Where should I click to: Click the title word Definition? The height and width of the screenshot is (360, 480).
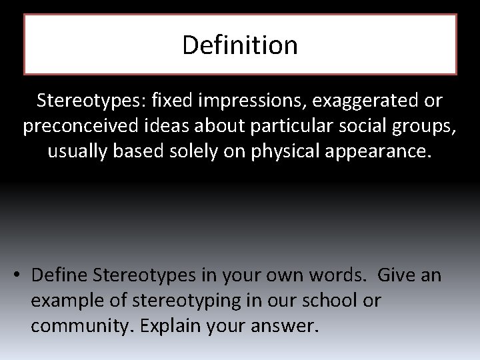(x=240, y=45)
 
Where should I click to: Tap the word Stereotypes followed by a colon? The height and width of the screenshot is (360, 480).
(x=91, y=101)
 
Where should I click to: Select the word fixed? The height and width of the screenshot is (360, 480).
(x=171, y=101)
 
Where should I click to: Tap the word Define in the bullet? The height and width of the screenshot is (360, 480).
(x=61, y=275)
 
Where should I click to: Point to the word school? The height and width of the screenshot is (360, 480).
(x=325, y=301)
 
